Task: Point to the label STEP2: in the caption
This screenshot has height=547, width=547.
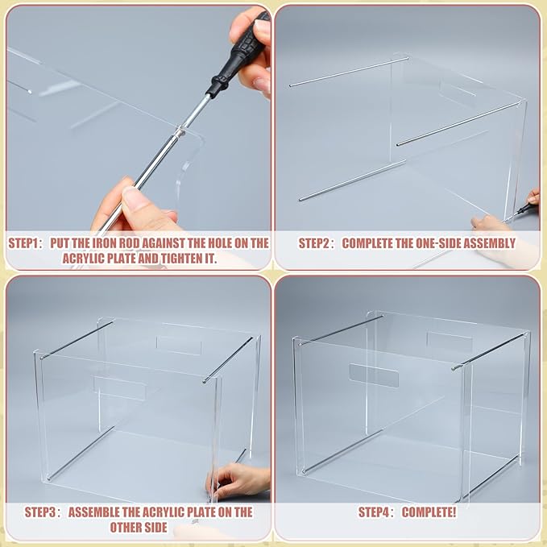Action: point(316,242)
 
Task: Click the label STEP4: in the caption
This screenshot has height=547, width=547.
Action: point(375,512)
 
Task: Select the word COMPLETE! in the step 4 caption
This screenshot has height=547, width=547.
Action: point(430,512)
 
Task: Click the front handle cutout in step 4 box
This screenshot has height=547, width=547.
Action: point(374,375)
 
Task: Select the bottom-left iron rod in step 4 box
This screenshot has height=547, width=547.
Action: point(342,454)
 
